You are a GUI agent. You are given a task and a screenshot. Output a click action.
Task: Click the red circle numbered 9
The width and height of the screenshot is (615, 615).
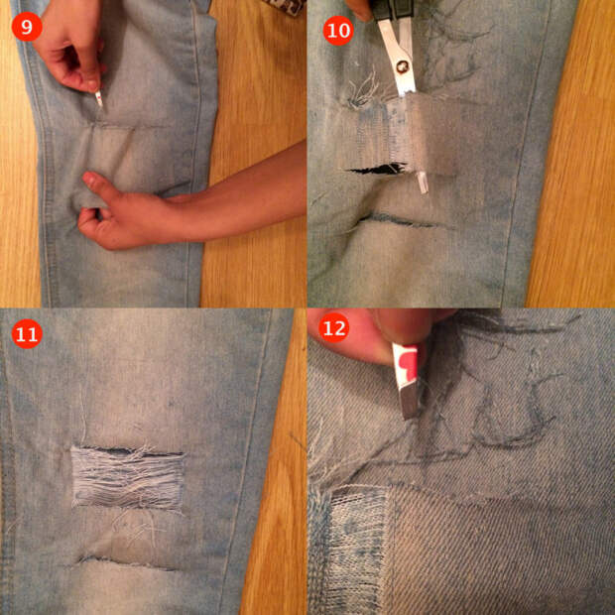(x=27, y=26)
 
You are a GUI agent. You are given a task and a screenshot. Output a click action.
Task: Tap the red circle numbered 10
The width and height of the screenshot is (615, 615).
(x=338, y=30)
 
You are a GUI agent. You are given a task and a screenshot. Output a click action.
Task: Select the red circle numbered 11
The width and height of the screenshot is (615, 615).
(x=27, y=333)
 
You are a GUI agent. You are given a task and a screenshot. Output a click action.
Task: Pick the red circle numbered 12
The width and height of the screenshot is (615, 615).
(x=333, y=327)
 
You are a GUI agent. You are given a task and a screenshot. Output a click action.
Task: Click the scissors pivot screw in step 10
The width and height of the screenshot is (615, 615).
(x=402, y=68)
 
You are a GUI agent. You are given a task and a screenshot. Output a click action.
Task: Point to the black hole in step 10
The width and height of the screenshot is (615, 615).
(x=378, y=169)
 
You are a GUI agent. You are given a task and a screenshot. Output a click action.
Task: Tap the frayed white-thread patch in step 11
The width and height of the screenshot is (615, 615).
(x=128, y=477)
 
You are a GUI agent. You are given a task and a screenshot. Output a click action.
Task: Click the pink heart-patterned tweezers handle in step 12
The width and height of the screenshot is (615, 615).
(x=405, y=363)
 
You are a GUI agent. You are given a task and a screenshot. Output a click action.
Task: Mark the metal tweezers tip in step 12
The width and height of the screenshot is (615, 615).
(x=410, y=400)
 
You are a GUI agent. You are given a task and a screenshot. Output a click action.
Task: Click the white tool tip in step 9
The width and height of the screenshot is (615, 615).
(x=99, y=99)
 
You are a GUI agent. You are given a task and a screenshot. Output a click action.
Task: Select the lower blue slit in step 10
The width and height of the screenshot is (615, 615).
(x=400, y=221)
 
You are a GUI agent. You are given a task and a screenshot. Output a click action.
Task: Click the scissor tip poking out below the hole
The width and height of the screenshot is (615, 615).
(x=422, y=182)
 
